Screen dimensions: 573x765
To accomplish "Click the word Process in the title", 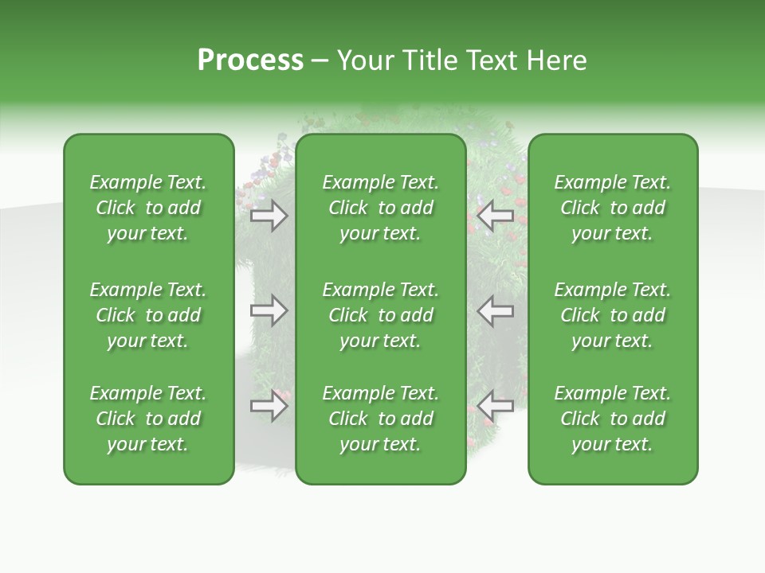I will click(x=250, y=60).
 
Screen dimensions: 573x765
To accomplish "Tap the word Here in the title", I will click(x=557, y=60).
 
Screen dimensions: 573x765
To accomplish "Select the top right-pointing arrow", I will click(x=269, y=216).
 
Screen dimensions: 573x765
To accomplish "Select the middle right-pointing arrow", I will click(x=269, y=311).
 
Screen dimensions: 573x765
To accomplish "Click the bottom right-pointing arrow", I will click(x=269, y=406).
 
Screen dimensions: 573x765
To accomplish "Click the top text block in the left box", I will click(x=148, y=208).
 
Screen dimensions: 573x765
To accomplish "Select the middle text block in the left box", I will click(x=148, y=315).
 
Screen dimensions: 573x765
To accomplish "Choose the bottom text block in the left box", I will click(x=148, y=419).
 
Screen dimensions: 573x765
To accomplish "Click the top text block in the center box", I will click(x=381, y=208).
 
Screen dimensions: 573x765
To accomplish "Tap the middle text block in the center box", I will click(x=381, y=315).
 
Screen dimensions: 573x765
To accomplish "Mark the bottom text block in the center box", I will click(x=381, y=419).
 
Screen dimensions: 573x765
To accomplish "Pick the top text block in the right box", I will click(x=613, y=208).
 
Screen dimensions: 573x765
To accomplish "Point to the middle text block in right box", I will click(x=613, y=315).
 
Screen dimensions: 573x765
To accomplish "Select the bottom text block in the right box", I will click(x=613, y=419).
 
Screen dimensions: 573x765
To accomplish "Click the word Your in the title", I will click(x=367, y=60).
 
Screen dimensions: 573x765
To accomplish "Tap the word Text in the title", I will click(x=494, y=60).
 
